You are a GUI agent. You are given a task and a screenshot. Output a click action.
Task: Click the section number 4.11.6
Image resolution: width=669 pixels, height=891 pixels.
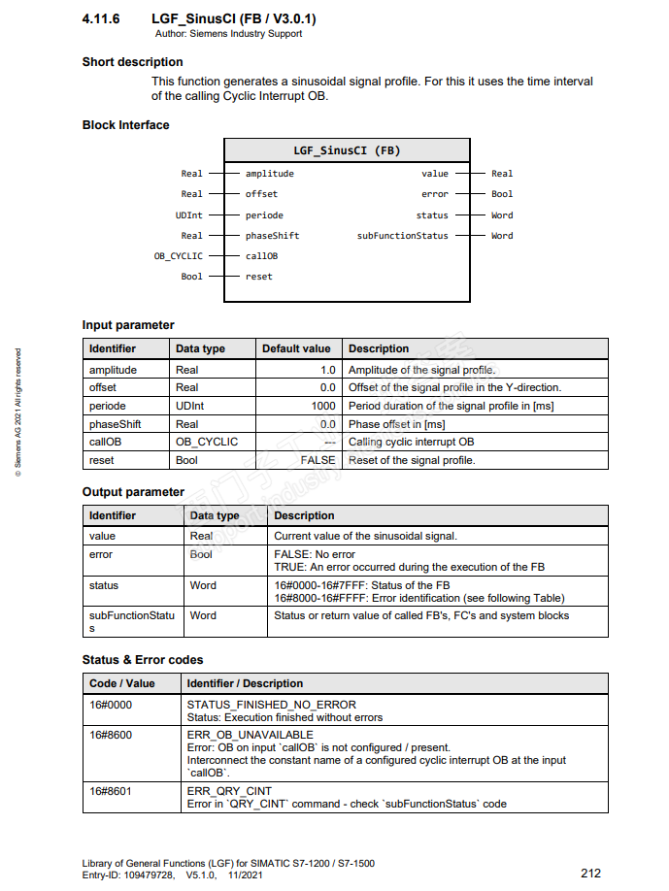[102, 19]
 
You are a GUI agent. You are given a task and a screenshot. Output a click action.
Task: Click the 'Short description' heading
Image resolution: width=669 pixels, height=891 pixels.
[132, 62]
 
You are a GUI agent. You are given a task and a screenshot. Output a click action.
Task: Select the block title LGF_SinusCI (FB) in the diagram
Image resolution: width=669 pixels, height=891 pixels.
[347, 150]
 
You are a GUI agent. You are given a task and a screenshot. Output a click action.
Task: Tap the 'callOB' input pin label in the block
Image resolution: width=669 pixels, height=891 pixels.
[261, 256]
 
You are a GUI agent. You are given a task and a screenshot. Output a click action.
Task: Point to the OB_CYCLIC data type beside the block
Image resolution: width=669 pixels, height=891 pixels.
[180, 256]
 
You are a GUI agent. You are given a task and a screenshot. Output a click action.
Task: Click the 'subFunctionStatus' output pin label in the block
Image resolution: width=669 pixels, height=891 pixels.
[403, 236]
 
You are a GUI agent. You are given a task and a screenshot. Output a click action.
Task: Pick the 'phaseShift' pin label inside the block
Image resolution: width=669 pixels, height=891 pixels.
[272, 236]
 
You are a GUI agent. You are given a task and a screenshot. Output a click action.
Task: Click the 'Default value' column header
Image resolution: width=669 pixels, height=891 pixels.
[296, 348]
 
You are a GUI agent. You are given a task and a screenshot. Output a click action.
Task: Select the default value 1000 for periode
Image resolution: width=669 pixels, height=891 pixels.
[323, 406]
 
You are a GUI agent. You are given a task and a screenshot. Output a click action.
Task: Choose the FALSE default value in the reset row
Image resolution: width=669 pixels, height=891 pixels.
[318, 460]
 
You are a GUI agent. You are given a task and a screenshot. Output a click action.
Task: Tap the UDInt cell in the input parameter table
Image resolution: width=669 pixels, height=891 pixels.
[190, 406]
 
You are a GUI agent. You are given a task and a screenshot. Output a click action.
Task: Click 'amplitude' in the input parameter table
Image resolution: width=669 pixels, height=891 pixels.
[113, 370]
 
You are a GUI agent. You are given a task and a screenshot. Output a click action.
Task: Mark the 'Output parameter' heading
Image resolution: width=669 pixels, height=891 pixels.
[133, 492]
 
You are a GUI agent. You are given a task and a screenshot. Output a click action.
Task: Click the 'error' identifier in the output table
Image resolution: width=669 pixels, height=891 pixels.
[101, 555]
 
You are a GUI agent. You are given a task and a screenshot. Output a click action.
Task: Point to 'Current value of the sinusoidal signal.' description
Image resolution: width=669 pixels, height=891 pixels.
[365, 536]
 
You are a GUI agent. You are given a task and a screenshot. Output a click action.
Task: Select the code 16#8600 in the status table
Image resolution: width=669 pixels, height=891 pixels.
[111, 735]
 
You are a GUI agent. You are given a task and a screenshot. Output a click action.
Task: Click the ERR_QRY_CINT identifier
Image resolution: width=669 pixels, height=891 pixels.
[229, 791]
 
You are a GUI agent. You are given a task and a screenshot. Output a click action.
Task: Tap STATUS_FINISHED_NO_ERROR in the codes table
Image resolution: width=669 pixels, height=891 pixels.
[271, 705]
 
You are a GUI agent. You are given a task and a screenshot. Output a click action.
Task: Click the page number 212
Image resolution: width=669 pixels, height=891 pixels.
[590, 873]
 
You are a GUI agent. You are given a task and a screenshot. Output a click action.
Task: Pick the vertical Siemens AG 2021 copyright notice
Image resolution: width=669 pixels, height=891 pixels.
[17, 412]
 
